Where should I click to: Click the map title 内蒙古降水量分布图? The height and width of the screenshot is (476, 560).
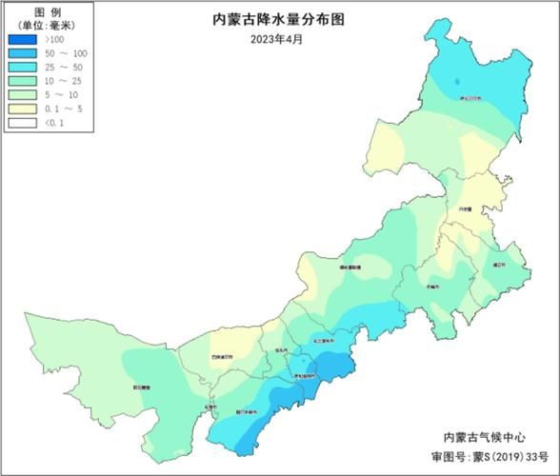click(x=280, y=20)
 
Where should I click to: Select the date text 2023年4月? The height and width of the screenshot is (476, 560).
click(x=280, y=38)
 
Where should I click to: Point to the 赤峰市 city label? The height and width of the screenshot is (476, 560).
click(x=433, y=286)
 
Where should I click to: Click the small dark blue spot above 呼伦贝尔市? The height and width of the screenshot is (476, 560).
click(x=456, y=83)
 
